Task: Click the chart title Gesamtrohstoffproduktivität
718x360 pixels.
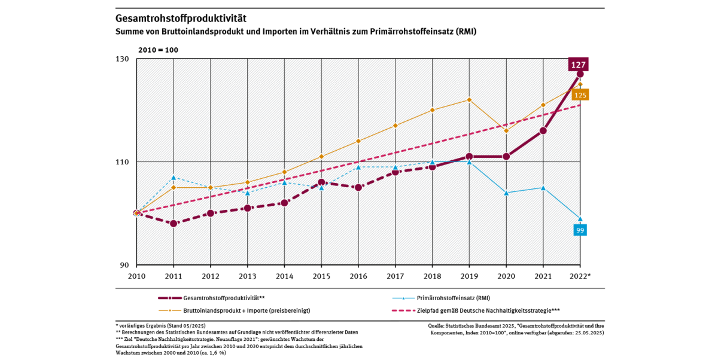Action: point(180,19)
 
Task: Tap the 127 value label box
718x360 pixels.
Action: point(579,65)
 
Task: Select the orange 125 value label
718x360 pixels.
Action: point(580,95)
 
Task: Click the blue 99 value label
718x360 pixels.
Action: point(580,230)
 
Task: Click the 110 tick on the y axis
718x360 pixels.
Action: point(123,162)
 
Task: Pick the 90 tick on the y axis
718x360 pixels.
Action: point(124,266)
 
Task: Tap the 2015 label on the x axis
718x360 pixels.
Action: point(321,276)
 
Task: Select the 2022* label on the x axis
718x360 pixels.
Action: point(580,276)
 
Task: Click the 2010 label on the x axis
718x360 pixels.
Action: point(136,276)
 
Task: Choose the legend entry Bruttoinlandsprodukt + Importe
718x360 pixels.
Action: point(246,310)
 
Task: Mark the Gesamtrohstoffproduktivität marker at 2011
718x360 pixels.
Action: point(174,224)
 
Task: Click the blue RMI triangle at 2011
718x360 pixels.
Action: point(174,178)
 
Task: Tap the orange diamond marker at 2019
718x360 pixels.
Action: point(469,100)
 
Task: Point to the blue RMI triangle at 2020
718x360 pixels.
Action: point(506,193)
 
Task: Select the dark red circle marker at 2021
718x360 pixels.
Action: point(543,130)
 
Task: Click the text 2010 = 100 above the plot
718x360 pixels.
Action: point(158,50)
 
